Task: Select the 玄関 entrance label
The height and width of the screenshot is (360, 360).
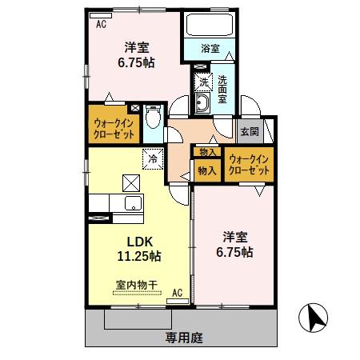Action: coord(246,132)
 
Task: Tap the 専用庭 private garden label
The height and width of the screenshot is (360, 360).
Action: coord(185,338)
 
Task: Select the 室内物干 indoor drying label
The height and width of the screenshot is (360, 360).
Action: coord(135,284)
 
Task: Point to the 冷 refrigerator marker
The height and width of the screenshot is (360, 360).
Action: coord(152,158)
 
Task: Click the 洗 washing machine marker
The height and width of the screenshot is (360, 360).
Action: coord(203,82)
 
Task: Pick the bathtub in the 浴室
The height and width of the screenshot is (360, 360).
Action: coord(207,27)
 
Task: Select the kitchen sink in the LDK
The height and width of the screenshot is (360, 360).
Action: coord(130,202)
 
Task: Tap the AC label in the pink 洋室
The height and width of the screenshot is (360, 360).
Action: coord(102,24)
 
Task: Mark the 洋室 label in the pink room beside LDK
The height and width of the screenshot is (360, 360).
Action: coord(236,237)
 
